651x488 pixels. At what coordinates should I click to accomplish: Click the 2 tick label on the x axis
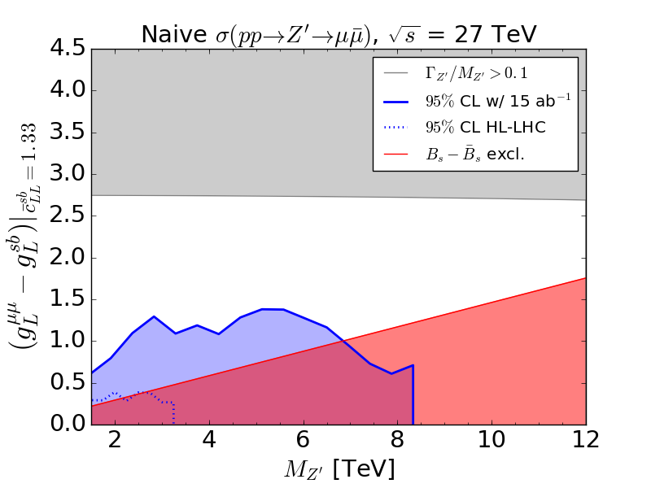coord(115,441)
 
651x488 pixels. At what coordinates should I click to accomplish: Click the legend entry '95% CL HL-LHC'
coord(473,128)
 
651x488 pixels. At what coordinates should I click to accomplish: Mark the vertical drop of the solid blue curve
coord(413,394)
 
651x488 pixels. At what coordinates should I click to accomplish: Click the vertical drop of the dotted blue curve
coord(174,413)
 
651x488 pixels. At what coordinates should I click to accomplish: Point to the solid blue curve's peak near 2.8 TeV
coord(154,316)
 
